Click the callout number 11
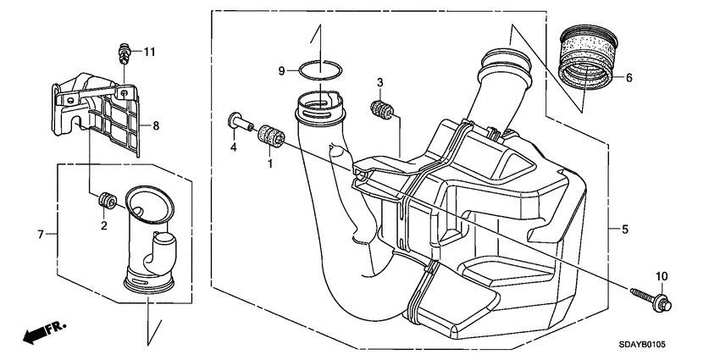tap(149, 53)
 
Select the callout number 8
tap(155, 126)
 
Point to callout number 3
tap(381, 82)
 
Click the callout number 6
tap(629, 78)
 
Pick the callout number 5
tap(624, 230)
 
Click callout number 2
tap(103, 226)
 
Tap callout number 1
tap(271, 163)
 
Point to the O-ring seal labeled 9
tap(314, 70)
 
